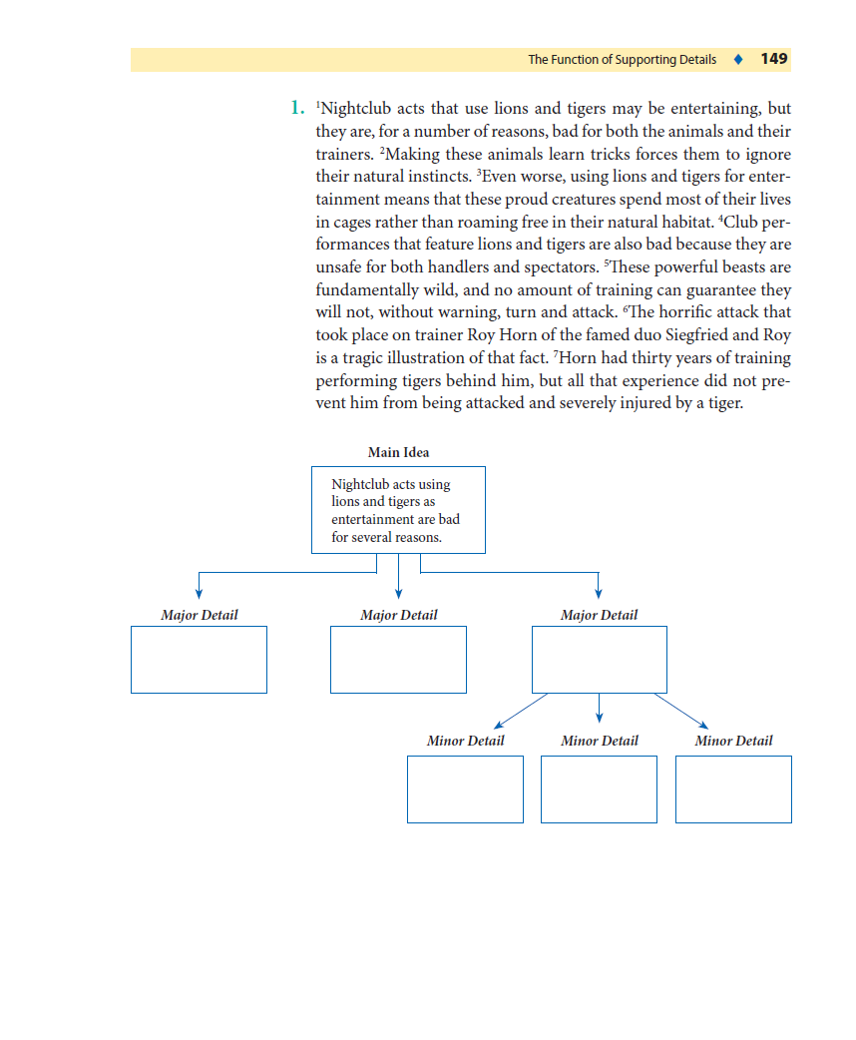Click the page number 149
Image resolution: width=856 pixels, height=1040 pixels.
pyautogui.click(x=773, y=59)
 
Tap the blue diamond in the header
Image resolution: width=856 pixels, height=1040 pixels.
pyautogui.click(x=737, y=59)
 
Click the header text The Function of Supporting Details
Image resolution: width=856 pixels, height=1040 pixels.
pyautogui.click(x=622, y=60)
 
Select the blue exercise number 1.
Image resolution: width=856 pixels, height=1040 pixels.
pyautogui.click(x=296, y=108)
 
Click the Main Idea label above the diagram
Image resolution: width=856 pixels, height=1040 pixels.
pyautogui.click(x=398, y=452)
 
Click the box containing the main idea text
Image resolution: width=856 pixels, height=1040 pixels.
pyautogui.click(x=398, y=510)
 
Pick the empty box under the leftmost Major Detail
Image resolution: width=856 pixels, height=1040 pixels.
pyautogui.click(x=199, y=660)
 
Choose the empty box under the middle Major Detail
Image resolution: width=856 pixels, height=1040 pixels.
pyautogui.click(x=398, y=660)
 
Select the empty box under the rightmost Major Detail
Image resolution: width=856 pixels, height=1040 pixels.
pyautogui.click(x=599, y=660)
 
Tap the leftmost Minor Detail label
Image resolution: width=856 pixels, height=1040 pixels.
pyautogui.click(x=465, y=741)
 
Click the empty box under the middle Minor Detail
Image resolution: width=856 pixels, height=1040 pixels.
pyautogui.click(x=599, y=789)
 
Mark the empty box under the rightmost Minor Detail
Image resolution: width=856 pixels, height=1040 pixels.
pyautogui.click(x=733, y=789)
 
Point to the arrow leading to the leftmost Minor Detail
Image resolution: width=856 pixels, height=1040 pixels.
pyautogui.click(x=520, y=710)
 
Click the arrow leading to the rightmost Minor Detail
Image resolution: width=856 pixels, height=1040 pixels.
pyautogui.click(x=681, y=711)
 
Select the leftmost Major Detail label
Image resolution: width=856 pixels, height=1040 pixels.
pyautogui.click(x=200, y=615)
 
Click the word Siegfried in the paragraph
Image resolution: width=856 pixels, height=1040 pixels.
pyautogui.click(x=686, y=335)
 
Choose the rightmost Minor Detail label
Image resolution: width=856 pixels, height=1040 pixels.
pyautogui.click(x=733, y=741)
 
